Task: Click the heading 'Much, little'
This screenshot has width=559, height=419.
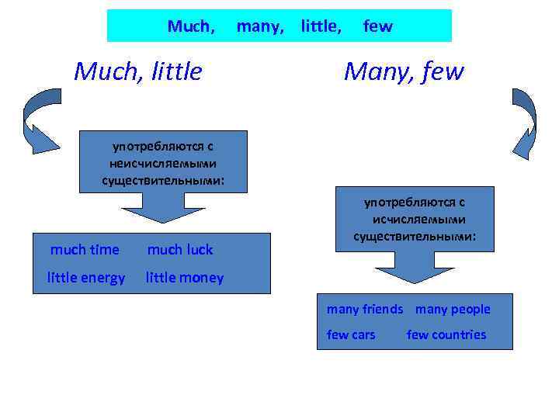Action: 137,71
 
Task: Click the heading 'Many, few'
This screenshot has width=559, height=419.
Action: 404,71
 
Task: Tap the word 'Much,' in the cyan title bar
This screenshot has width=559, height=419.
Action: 191,26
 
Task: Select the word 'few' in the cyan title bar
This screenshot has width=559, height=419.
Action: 378,26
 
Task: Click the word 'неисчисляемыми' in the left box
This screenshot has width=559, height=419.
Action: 164,163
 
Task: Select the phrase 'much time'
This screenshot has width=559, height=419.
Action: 85,249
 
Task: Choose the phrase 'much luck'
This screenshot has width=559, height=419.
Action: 179,249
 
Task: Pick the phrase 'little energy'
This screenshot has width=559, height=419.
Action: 86,278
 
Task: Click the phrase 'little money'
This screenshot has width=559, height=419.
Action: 185,278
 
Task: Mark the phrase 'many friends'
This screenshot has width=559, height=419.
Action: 365,309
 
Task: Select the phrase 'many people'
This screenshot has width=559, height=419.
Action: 453,309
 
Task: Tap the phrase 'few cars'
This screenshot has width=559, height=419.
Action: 351,334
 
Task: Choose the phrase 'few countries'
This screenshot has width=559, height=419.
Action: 446,334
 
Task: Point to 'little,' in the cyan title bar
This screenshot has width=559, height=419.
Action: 321,26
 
